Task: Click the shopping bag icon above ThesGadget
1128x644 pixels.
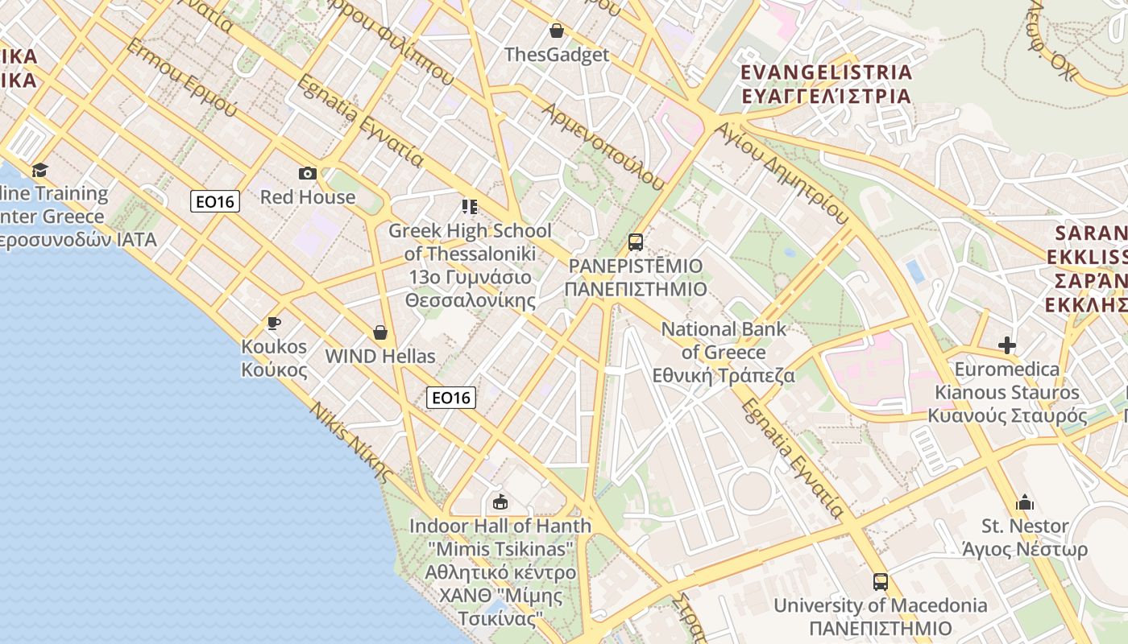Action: click(556, 31)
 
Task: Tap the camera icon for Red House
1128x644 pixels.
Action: click(307, 173)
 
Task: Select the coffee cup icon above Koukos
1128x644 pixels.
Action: click(274, 324)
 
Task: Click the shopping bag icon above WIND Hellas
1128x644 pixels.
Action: click(380, 332)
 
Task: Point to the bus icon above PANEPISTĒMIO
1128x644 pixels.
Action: click(636, 242)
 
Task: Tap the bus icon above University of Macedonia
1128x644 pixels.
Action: click(881, 581)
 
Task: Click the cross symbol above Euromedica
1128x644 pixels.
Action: click(1006, 345)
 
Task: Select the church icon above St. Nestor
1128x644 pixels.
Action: click(1025, 502)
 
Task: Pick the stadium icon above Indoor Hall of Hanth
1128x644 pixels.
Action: click(500, 502)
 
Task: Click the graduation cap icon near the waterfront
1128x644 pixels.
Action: click(39, 170)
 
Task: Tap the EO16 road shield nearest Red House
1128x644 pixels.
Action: click(215, 201)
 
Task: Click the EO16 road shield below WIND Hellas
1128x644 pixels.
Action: click(450, 397)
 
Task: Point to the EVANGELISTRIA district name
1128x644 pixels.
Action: click(826, 72)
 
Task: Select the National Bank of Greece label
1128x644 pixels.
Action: click(724, 341)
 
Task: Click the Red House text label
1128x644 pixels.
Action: click(308, 197)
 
